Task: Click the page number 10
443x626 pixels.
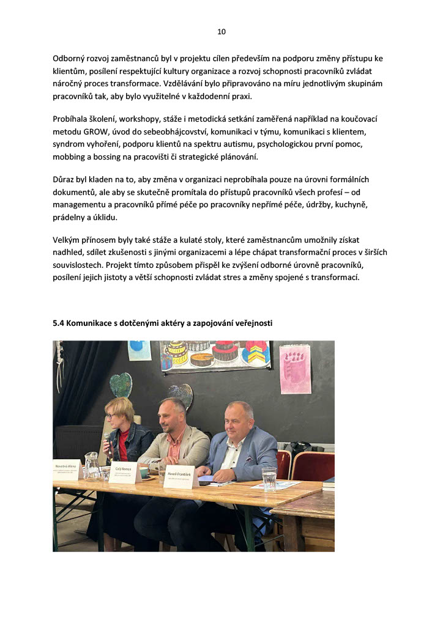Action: [x=221, y=32]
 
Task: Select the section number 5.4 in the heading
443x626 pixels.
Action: [x=60, y=322]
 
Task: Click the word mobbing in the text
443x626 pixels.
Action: [x=70, y=156]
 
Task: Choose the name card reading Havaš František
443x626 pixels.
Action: [x=181, y=477]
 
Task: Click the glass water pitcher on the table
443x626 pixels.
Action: [x=91, y=466]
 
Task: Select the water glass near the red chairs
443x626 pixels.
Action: [x=269, y=479]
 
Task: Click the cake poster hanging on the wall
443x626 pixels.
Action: [x=215, y=355]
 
